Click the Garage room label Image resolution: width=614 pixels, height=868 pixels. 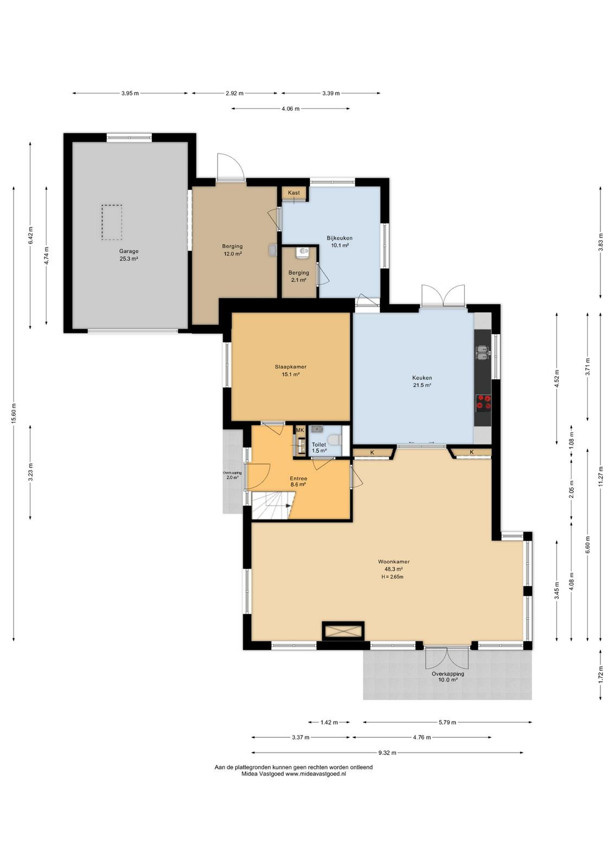[x=129, y=251]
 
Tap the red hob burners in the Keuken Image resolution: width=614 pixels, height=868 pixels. [x=483, y=402]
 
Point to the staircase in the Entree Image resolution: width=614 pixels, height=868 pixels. [x=273, y=505]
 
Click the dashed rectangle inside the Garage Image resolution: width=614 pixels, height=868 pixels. [x=112, y=222]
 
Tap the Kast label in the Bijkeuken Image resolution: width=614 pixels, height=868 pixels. [x=293, y=193]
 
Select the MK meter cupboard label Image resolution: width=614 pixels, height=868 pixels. [x=300, y=430]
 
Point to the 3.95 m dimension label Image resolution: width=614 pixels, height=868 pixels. [x=130, y=93]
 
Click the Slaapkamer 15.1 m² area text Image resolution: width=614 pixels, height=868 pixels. [x=291, y=374]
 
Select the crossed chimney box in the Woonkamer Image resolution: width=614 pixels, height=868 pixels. [x=343, y=631]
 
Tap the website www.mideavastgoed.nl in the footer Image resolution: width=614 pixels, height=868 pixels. [x=315, y=774]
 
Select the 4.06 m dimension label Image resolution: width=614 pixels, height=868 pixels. [x=291, y=109]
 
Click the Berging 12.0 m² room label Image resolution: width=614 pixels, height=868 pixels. [x=232, y=250]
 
